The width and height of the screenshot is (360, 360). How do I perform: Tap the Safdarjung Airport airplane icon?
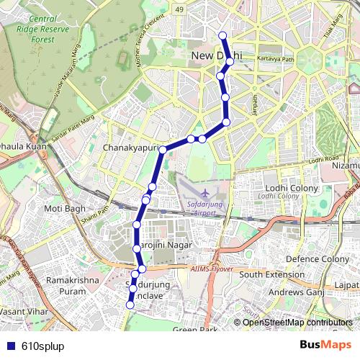206,194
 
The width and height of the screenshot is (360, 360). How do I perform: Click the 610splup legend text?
43,346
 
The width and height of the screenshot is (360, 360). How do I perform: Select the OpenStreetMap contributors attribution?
297,323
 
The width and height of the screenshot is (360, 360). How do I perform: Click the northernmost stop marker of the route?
222,35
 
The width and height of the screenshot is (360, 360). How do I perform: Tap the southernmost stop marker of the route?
130,305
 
